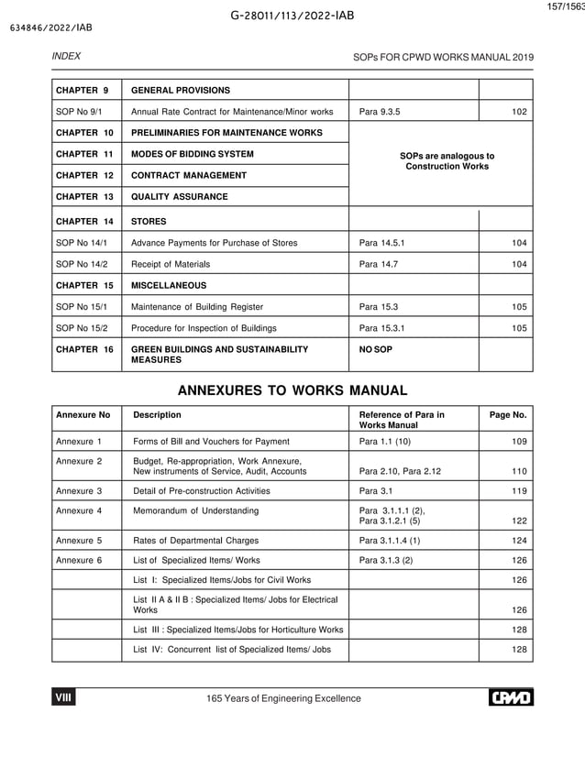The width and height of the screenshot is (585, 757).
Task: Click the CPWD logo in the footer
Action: [510, 698]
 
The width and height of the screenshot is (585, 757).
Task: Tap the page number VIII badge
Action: [64, 698]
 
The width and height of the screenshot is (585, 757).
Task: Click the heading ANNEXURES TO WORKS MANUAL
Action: [292, 390]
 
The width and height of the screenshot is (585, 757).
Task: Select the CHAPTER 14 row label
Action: [83, 221]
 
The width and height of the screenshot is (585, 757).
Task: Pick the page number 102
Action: [519, 113]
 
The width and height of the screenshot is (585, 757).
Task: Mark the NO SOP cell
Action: [376, 349]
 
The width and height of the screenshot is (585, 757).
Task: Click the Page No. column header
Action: [508, 415]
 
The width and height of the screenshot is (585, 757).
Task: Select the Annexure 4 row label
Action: [79, 510]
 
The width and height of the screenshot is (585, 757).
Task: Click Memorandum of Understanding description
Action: [195, 510]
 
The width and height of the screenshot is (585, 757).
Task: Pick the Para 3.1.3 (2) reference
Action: [386, 560]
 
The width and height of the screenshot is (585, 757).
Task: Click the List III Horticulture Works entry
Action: [237, 630]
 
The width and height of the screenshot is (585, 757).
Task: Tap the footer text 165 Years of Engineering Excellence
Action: [283, 699]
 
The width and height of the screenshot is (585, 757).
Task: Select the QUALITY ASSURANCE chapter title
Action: [180, 197]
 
